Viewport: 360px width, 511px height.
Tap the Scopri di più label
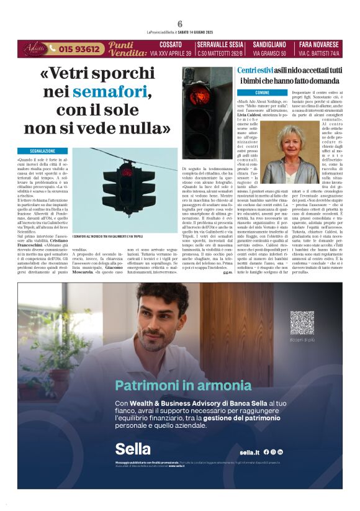click(302, 340)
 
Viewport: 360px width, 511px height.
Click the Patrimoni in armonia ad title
click(183, 385)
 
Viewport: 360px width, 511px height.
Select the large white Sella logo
click(132, 448)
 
